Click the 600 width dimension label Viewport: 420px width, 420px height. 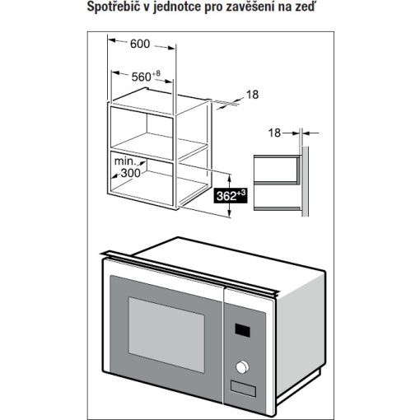point(140,44)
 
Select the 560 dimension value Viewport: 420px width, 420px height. point(141,77)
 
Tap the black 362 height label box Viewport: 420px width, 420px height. point(231,195)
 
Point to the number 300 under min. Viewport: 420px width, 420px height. point(131,173)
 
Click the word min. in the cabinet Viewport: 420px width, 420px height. point(125,161)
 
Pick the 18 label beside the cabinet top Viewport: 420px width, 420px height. point(252,95)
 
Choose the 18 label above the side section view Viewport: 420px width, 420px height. point(274,133)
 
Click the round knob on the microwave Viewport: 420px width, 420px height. point(242,367)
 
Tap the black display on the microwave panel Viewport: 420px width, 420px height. point(242,330)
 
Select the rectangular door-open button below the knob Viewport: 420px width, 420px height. point(243,389)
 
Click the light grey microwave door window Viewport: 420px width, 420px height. point(166,334)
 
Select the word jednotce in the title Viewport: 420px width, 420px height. point(177,7)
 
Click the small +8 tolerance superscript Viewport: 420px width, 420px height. point(156,73)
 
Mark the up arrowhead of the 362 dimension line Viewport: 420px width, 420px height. point(230,178)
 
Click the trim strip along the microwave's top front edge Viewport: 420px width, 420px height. point(189,274)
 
